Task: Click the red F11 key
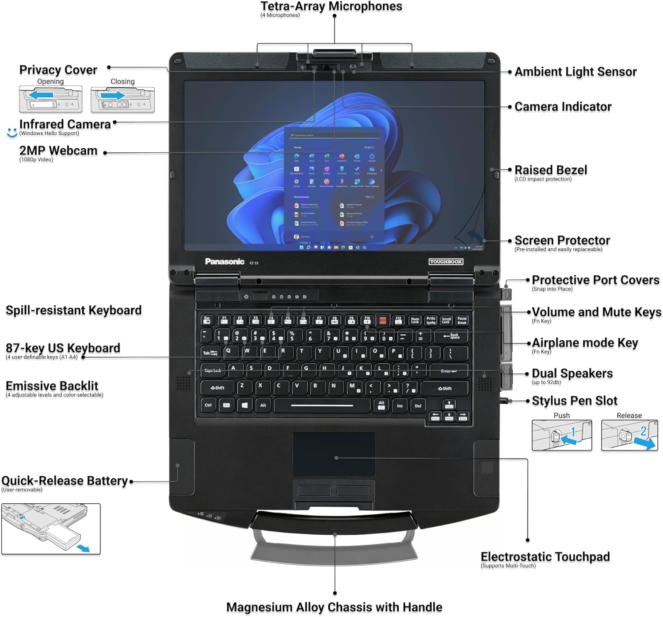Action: (383, 320)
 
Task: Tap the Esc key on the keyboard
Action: (207, 320)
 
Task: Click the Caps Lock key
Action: (213, 370)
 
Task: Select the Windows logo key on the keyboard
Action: (244, 405)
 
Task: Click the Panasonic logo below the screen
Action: (225, 262)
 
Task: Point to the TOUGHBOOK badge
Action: (446, 262)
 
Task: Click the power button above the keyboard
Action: (246, 297)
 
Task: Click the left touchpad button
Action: (314, 490)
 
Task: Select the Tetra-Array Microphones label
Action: (331, 7)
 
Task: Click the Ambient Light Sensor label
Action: (575, 72)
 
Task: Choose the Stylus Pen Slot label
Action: (575, 401)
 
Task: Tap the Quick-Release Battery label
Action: (65, 481)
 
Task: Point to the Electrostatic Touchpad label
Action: (545, 557)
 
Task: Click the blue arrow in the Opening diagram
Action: (42, 95)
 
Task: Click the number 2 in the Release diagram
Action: (644, 431)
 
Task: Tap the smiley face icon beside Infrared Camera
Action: (12, 132)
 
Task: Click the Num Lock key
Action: (415, 320)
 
